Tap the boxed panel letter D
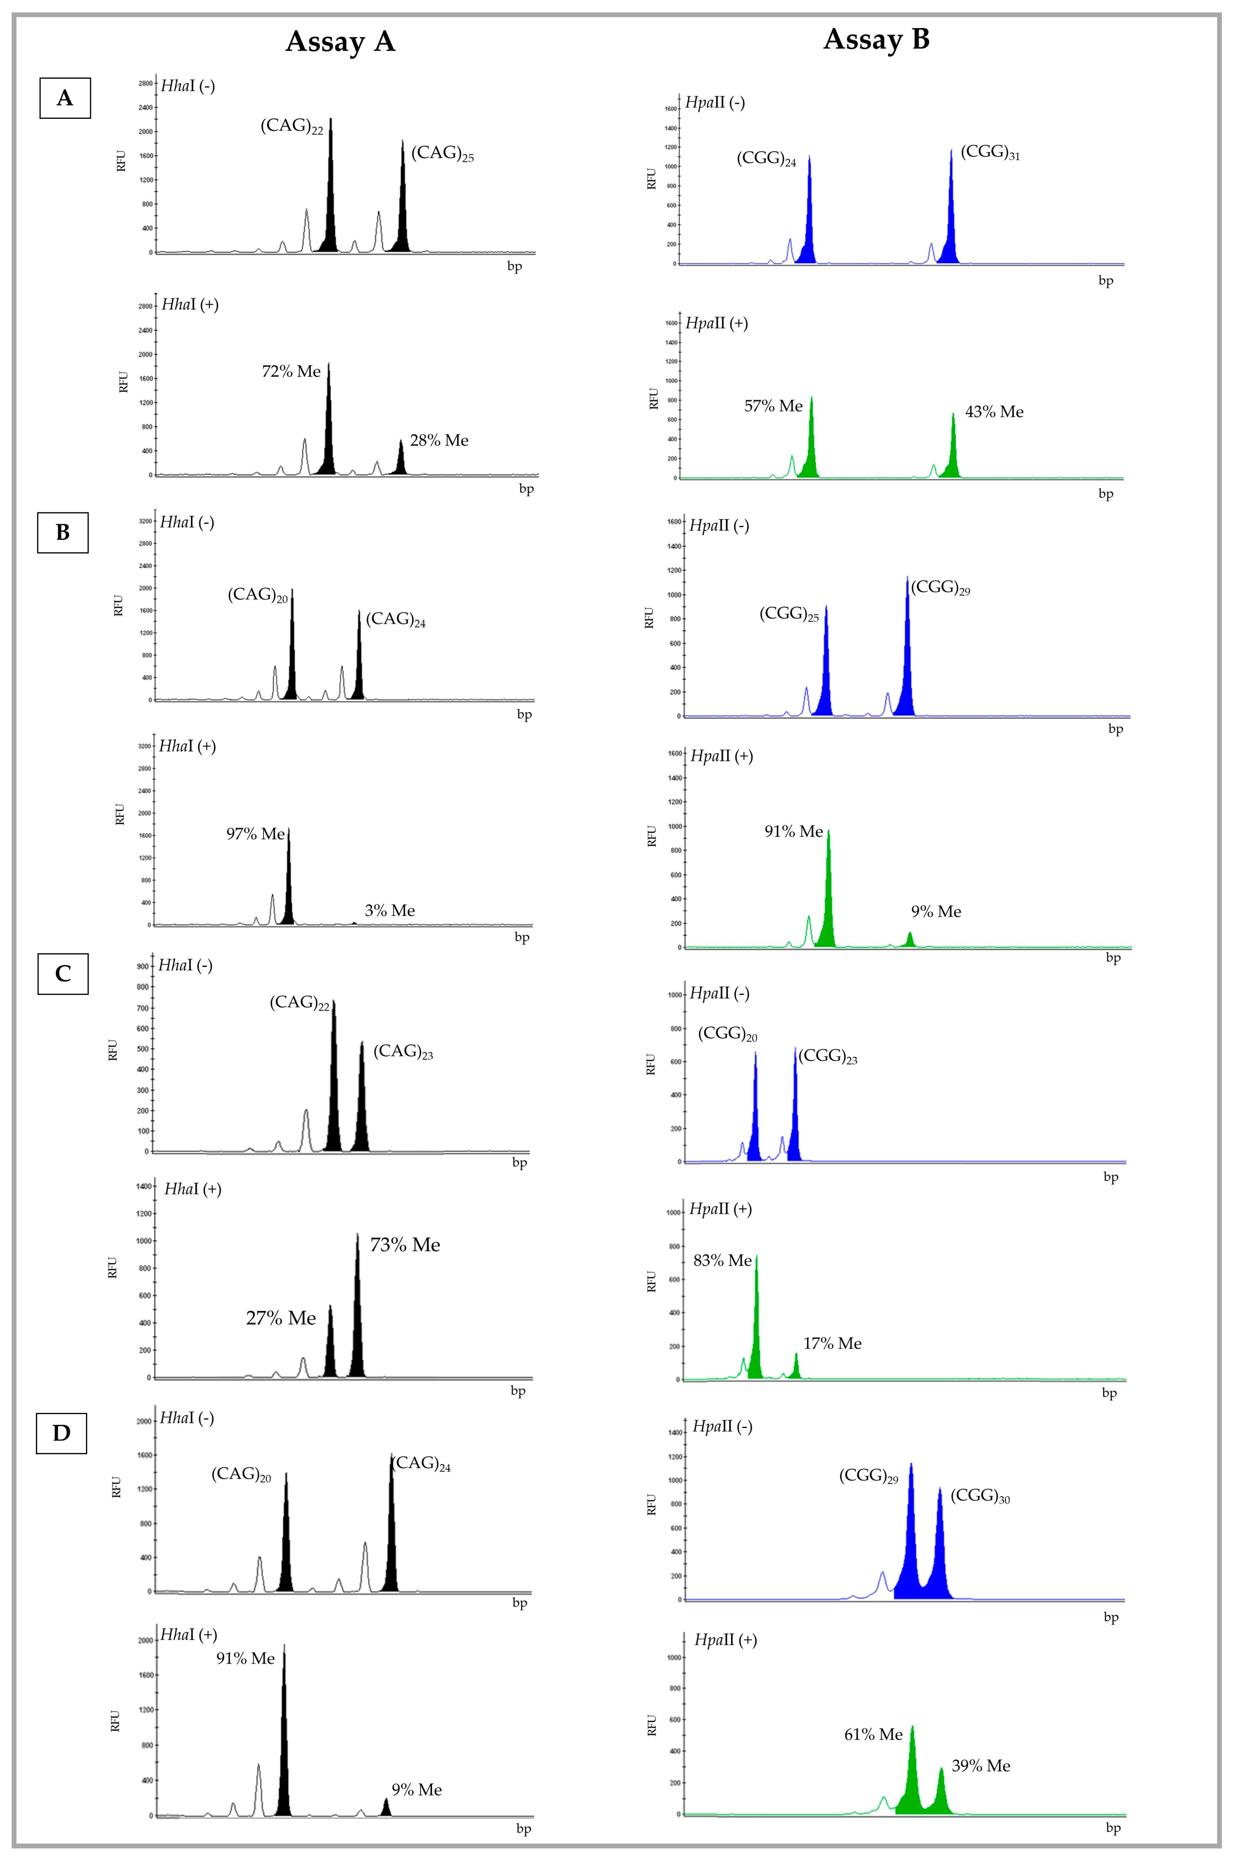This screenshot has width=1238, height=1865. (61, 1433)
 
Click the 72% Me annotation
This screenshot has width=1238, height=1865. (291, 371)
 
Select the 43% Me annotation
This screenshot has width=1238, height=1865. (994, 412)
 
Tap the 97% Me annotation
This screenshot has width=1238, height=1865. (255, 834)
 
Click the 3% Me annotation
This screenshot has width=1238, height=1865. (389, 911)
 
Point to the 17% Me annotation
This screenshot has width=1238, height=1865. (832, 1343)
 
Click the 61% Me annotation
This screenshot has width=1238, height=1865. (873, 1734)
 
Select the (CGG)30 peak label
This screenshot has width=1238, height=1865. (980, 1496)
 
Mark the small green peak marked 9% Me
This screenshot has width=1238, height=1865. (909, 940)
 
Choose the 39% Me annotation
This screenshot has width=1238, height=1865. (981, 1766)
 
